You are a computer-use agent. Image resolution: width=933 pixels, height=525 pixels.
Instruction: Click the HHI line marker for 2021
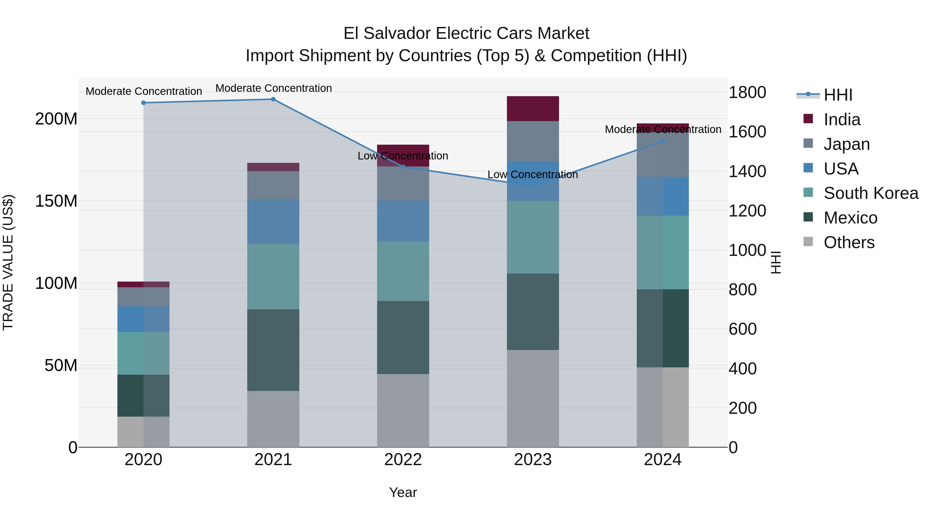tap(273, 99)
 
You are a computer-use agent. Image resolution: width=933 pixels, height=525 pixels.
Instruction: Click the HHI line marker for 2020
tap(143, 103)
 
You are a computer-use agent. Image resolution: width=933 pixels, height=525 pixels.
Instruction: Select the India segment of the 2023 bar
tap(532, 109)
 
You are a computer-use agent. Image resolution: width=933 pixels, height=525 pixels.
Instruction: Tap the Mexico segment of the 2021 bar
tap(273, 350)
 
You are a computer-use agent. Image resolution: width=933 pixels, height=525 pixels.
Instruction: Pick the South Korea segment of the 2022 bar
tap(403, 271)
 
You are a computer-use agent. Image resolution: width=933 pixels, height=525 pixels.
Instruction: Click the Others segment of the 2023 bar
tap(532, 398)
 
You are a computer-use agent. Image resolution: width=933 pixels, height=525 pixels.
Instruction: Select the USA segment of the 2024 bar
tap(662, 196)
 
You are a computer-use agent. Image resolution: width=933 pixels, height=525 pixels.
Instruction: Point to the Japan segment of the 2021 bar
tap(273, 186)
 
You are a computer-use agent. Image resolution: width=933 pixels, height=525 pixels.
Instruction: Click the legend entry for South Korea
tap(870, 193)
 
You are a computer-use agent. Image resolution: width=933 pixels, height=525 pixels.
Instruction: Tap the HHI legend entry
tap(837, 95)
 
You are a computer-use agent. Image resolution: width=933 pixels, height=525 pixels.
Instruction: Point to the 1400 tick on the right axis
tap(747, 171)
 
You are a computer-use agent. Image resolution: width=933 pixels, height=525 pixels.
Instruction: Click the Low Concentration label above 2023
tap(532, 175)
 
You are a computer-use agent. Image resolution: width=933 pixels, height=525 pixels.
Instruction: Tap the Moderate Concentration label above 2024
tap(663, 129)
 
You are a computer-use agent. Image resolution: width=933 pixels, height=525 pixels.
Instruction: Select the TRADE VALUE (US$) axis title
tap(8, 262)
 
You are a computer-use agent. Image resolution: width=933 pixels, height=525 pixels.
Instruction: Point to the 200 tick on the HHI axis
tap(743, 408)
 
